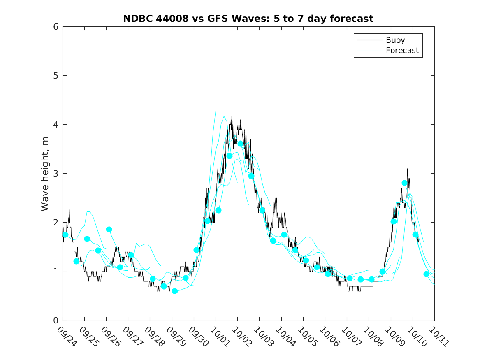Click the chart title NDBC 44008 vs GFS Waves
point(248,19)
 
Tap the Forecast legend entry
point(402,51)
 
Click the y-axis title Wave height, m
point(45,174)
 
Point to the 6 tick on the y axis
point(55,27)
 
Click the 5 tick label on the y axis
point(55,76)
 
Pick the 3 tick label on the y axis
point(55,174)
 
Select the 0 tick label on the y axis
point(55,321)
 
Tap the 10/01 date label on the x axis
point(219,337)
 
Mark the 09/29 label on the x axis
point(175,337)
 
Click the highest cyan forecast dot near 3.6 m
point(241,144)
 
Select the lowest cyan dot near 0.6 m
point(175,291)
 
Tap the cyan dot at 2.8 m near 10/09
point(405,183)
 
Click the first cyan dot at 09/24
point(65,235)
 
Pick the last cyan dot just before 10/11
point(427,274)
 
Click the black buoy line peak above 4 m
point(232,110)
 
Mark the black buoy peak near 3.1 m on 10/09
point(407,169)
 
